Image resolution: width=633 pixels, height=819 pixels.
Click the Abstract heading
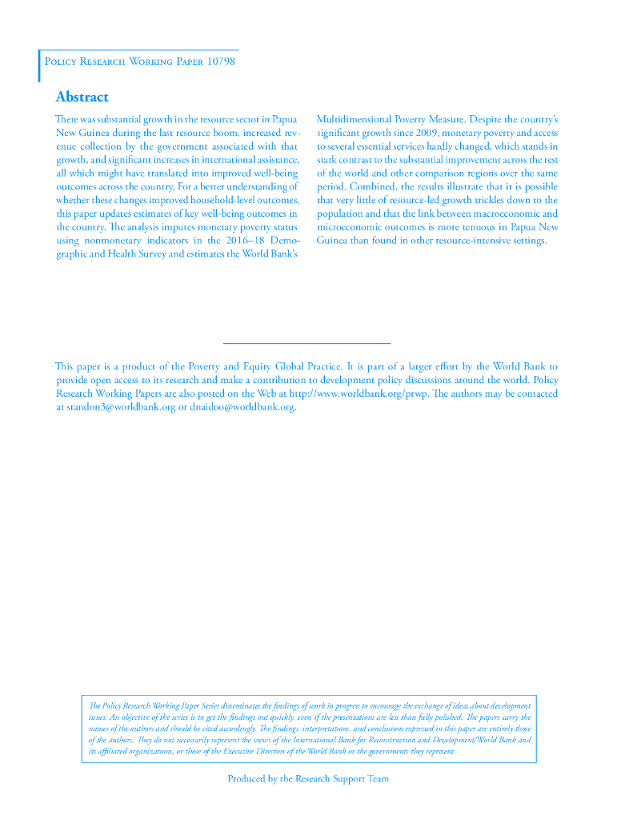82,97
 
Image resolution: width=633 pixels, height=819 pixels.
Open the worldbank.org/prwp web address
359,394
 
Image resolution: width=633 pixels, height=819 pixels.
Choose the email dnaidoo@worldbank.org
242,407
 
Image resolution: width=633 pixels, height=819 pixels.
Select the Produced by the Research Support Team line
308,778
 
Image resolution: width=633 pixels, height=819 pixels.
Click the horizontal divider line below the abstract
306,343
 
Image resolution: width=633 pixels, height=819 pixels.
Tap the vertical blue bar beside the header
39,66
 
